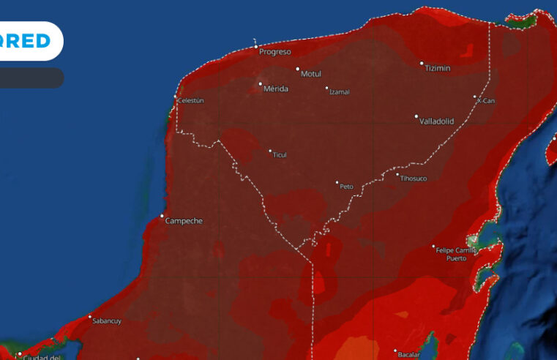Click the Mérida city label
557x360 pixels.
[276, 89]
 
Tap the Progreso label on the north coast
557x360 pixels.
[274, 52]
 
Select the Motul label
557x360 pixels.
[312, 74]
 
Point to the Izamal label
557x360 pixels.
[340, 92]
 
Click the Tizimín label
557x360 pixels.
[437, 68]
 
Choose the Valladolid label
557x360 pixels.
[437, 121]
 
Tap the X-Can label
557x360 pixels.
[486, 101]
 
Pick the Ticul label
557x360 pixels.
[280, 155]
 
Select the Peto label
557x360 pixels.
[346, 187]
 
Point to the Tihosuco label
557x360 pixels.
[414, 179]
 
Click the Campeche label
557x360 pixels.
[184, 220]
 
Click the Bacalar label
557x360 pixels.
[409, 355]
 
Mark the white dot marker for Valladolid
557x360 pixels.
[416, 116]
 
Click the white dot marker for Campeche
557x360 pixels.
[162, 216]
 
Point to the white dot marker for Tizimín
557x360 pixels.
[422, 64]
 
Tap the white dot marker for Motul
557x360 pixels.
[298, 70]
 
